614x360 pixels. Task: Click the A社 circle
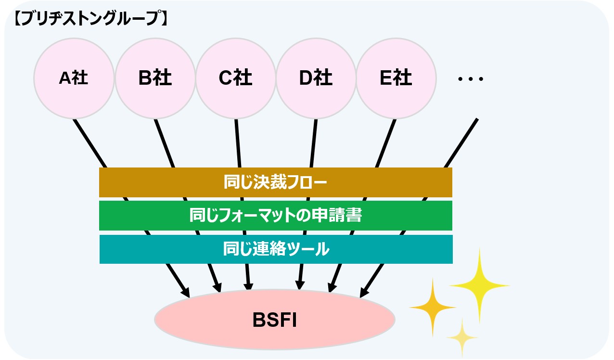point(74,78)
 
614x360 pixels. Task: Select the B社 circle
point(155,78)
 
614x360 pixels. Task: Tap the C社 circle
point(235,78)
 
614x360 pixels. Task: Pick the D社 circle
point(316,78)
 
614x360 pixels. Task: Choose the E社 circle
point(396,78)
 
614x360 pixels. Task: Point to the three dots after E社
point(471,79)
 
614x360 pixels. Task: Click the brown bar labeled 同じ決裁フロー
point(275,182)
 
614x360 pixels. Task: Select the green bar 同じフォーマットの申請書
point(275,216)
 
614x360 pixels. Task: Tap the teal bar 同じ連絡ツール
point(276,249)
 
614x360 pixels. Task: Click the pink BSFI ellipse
point(274,320)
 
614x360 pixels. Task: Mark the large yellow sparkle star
point(479,285)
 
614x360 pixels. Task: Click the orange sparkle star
point(433,306)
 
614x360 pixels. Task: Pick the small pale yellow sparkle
point(462,336)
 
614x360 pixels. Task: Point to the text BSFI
point(274,320)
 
